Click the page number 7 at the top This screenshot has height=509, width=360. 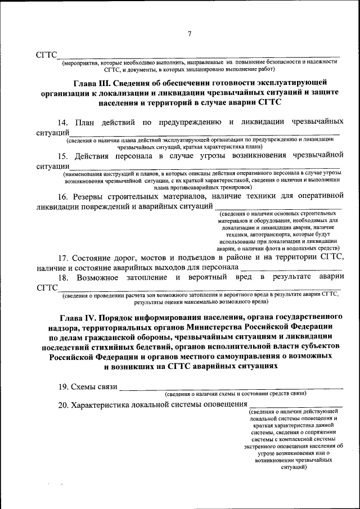(190, 34)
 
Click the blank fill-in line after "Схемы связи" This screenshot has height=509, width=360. (231, 388)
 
